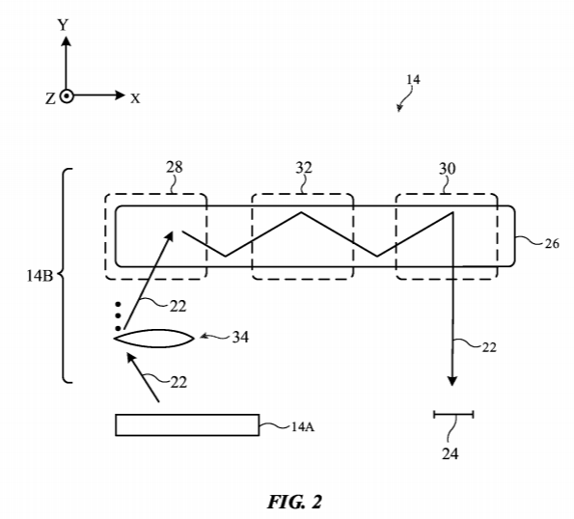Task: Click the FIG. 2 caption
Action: (294, 503)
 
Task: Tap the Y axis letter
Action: (63, 25)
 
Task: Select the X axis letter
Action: (135, 98)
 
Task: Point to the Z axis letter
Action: (50, 98)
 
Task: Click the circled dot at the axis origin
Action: (67, 96)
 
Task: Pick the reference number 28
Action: (175, 167)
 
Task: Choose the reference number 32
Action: (304, 168)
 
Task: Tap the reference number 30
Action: (448, 169)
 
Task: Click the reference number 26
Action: (552, 243)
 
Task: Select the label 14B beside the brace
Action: (40, 276)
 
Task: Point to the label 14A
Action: (303, 426)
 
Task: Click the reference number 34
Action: (240, 337)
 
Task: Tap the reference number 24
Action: (450, 453)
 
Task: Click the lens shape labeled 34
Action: (154, 339)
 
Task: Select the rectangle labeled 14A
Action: (187, 424)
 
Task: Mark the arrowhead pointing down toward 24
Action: (452, 381)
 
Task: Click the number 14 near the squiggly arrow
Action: (413, 80)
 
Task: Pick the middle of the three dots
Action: (118, 315)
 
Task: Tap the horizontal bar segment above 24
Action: (453, 415)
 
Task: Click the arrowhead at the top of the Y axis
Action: (67, 41)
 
